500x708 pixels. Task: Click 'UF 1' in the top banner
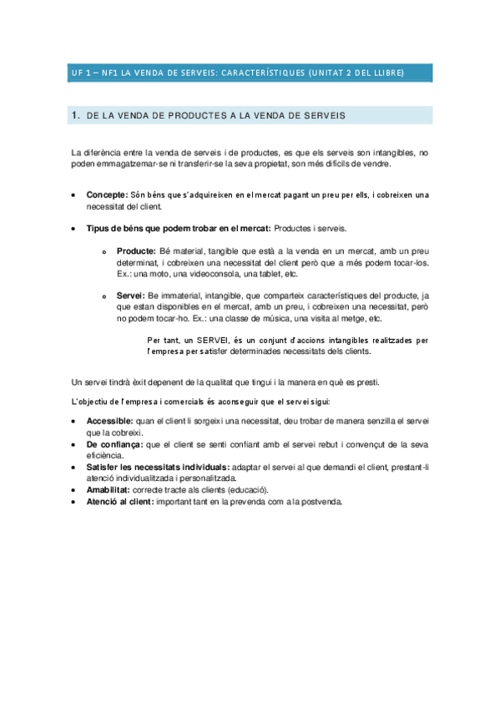pyautogui.click(x=81, y=73)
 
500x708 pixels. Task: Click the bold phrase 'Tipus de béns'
pyautogui.click(x=117, y=229)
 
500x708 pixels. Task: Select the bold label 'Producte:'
pyautogui.click(x=136, y=250)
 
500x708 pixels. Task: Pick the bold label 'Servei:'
pyautogui.click(x=131, y=296)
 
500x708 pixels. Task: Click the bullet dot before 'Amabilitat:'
pyautogui.click(x=75, y=491)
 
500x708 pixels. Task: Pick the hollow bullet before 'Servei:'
pyautogui.click(x=104, y=296)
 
